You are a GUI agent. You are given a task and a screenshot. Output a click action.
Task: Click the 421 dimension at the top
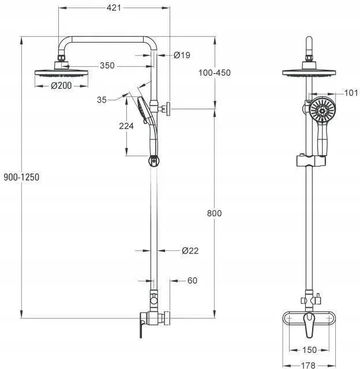114,7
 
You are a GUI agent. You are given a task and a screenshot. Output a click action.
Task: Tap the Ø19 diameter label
182,55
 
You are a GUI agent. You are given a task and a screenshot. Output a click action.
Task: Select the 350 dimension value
107,65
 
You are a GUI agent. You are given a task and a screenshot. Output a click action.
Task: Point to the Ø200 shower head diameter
61,86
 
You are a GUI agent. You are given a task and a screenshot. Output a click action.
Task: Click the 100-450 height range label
215,73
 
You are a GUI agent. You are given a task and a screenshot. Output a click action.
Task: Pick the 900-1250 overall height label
21,177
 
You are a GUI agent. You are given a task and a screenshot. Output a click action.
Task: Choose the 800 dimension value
214,213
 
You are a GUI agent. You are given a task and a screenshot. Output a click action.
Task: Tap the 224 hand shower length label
126,126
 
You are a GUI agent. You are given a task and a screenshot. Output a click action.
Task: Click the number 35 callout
102,100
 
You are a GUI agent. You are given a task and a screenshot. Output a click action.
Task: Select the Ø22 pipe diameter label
190,251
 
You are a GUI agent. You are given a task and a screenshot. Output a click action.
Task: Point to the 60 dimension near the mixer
192,281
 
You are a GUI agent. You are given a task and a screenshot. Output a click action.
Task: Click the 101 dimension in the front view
351,93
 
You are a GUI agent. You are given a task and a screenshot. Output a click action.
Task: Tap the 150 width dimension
309,350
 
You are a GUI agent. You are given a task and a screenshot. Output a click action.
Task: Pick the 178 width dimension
308,365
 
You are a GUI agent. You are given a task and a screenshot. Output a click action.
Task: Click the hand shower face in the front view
322,110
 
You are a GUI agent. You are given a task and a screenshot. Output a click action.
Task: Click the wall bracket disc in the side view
168,109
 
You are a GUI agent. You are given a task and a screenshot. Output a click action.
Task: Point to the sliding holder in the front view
311,161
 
